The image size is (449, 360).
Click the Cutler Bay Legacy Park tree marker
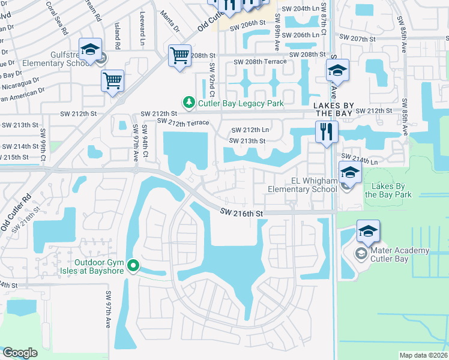189,103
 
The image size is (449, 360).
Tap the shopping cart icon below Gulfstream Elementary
113,81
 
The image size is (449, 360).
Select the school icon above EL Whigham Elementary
350,173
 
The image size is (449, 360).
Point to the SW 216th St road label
241,212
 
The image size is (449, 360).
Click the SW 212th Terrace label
183,122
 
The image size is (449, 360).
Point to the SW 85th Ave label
405,117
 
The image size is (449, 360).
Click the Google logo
20,353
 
